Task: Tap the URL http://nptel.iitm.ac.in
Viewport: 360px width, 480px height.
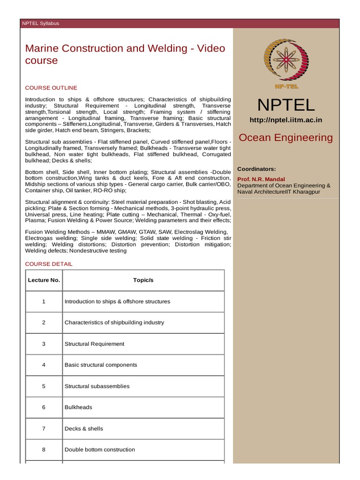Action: [285, 120]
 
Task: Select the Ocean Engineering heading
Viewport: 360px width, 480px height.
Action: [285, 138]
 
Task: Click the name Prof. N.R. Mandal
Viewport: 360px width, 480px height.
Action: [261, 179]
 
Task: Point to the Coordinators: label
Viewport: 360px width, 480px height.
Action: [256, 169]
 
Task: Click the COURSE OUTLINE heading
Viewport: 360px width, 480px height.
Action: [51, 88]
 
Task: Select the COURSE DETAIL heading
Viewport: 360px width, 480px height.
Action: [49, 264]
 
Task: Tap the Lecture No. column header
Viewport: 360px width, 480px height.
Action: [44, 280]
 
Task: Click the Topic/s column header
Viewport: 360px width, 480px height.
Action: [143, 280]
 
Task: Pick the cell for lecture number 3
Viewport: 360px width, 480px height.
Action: [44, 344]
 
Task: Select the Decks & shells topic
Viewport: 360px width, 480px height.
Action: [83, 428]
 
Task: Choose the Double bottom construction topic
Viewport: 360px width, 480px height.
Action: [99, 450]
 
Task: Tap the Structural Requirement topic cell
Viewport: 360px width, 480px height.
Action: [94, 344]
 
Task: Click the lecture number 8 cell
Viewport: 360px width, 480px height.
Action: [44, 450]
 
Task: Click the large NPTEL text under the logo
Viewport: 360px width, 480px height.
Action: [285, 105]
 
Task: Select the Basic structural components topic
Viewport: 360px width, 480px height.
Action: [100, 365]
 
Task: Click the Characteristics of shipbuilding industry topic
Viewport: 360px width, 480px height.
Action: [114, 322]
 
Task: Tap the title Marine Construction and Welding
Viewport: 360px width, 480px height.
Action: [125, 49]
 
